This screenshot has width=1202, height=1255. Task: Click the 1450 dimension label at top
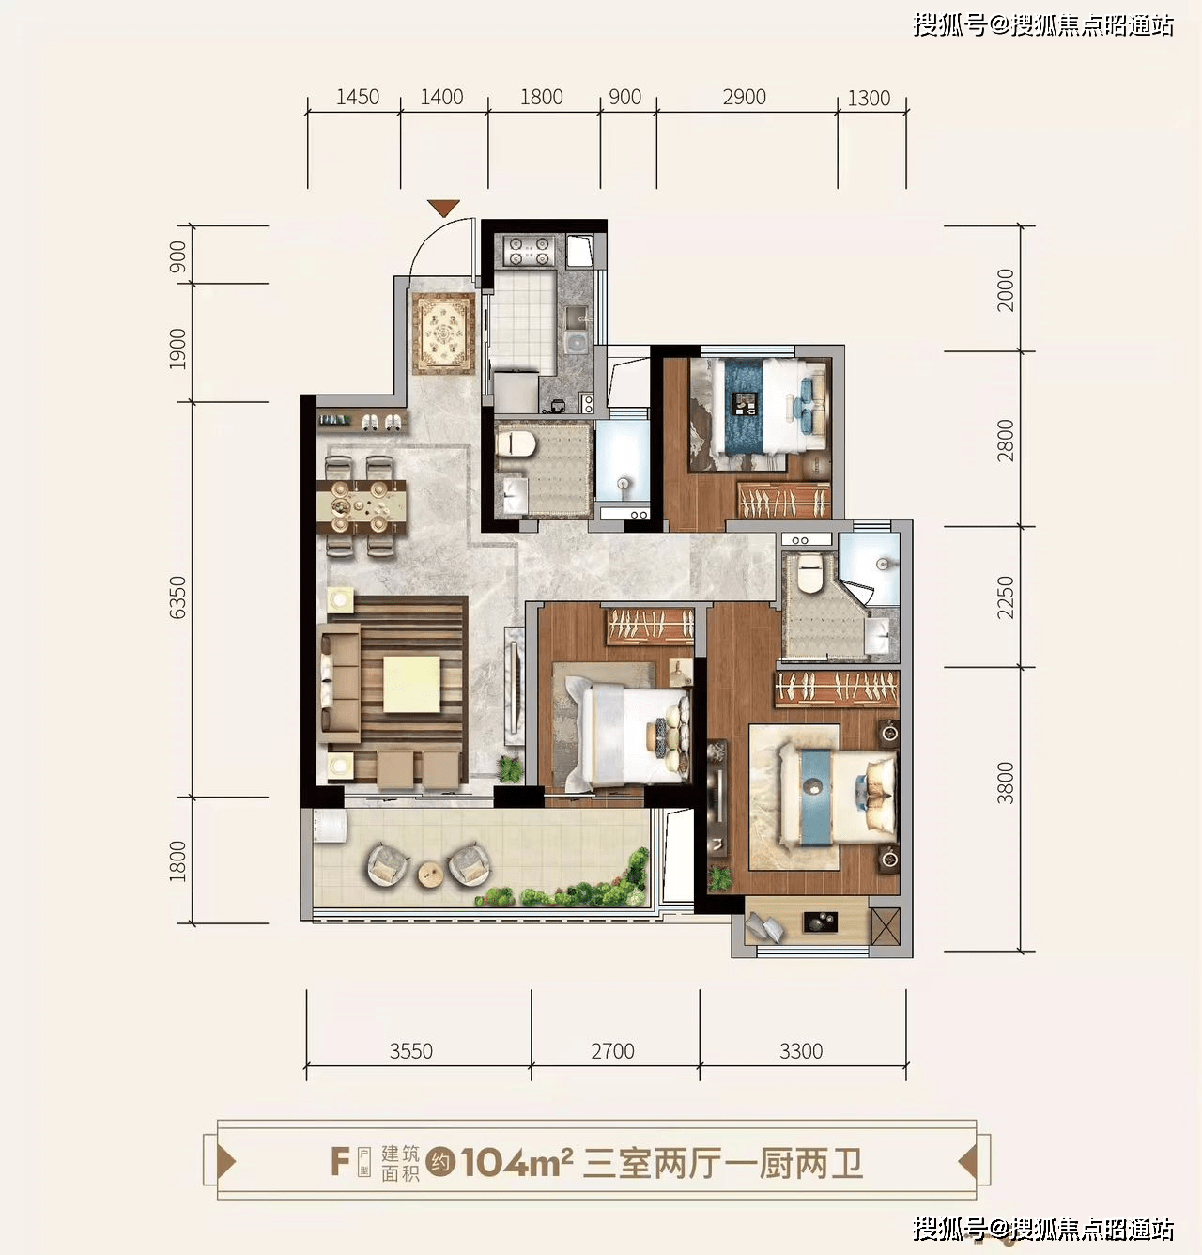point(357,98)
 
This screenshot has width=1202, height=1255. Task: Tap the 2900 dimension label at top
point(744,98)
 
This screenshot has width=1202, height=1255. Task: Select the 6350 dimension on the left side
point(177,597)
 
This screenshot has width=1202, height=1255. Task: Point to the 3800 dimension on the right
point(1006,782)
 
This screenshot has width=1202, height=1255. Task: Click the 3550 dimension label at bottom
point(410,1051)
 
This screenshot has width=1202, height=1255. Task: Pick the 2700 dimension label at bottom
point(612,1051)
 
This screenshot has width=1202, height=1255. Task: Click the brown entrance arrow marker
point(443,208)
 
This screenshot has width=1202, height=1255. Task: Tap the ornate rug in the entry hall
point(443,333)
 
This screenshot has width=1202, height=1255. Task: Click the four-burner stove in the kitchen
point(529,251)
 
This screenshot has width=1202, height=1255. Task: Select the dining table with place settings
point(362,506)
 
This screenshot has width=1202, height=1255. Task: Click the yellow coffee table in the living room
point(411,684)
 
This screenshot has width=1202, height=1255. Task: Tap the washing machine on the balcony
point(330,827)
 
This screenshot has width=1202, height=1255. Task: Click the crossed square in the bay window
point(886,927)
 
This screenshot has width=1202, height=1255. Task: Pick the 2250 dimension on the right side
point(1006,597)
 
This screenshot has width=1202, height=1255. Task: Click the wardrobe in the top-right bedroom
point(783,501)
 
